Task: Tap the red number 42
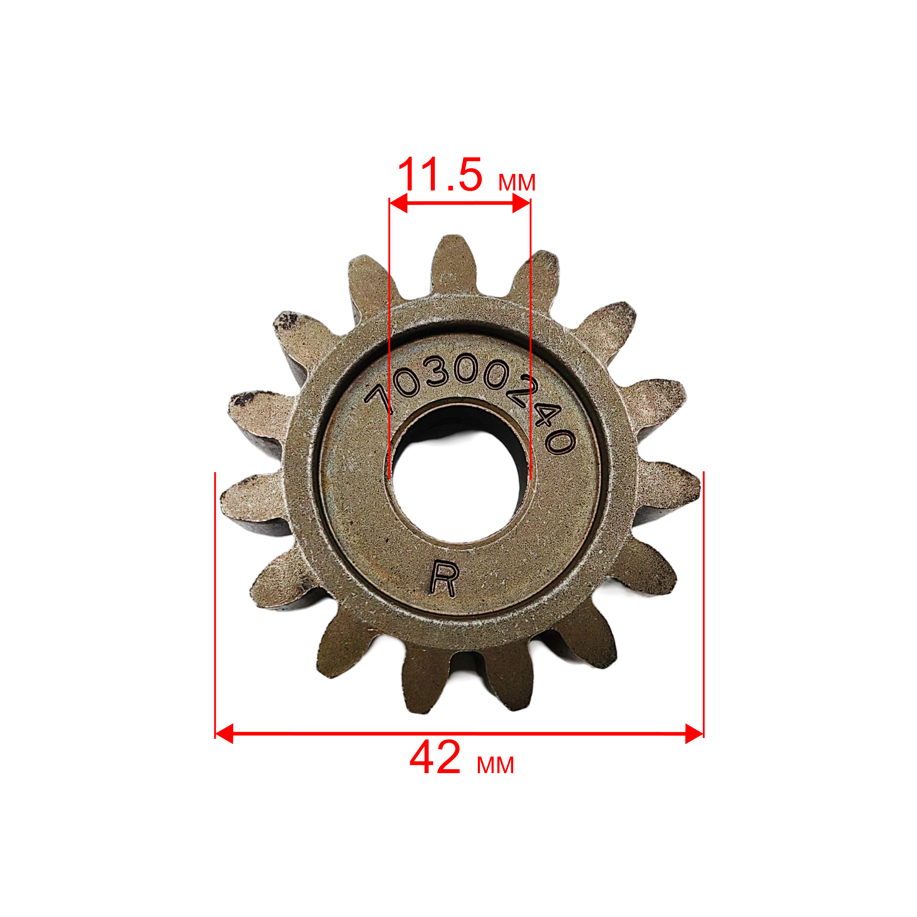coord(435,758)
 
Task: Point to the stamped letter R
coord(443,578)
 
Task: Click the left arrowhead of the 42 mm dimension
coord(224,734)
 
